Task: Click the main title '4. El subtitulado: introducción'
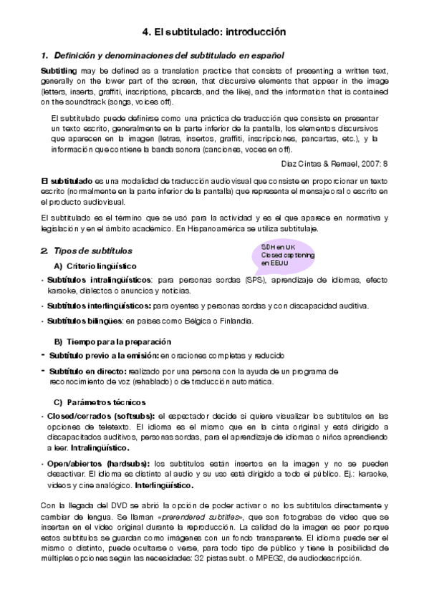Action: point(215,32)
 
